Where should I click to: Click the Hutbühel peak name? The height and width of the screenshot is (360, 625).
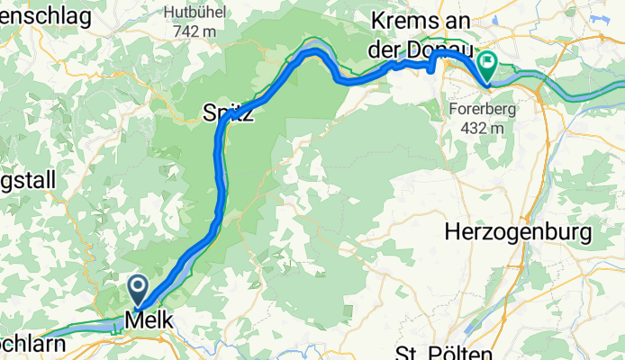tap(191, 13)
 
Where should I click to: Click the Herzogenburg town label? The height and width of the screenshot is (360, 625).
tap(518, 233)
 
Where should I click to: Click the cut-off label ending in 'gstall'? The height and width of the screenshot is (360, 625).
tap(27, 180)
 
